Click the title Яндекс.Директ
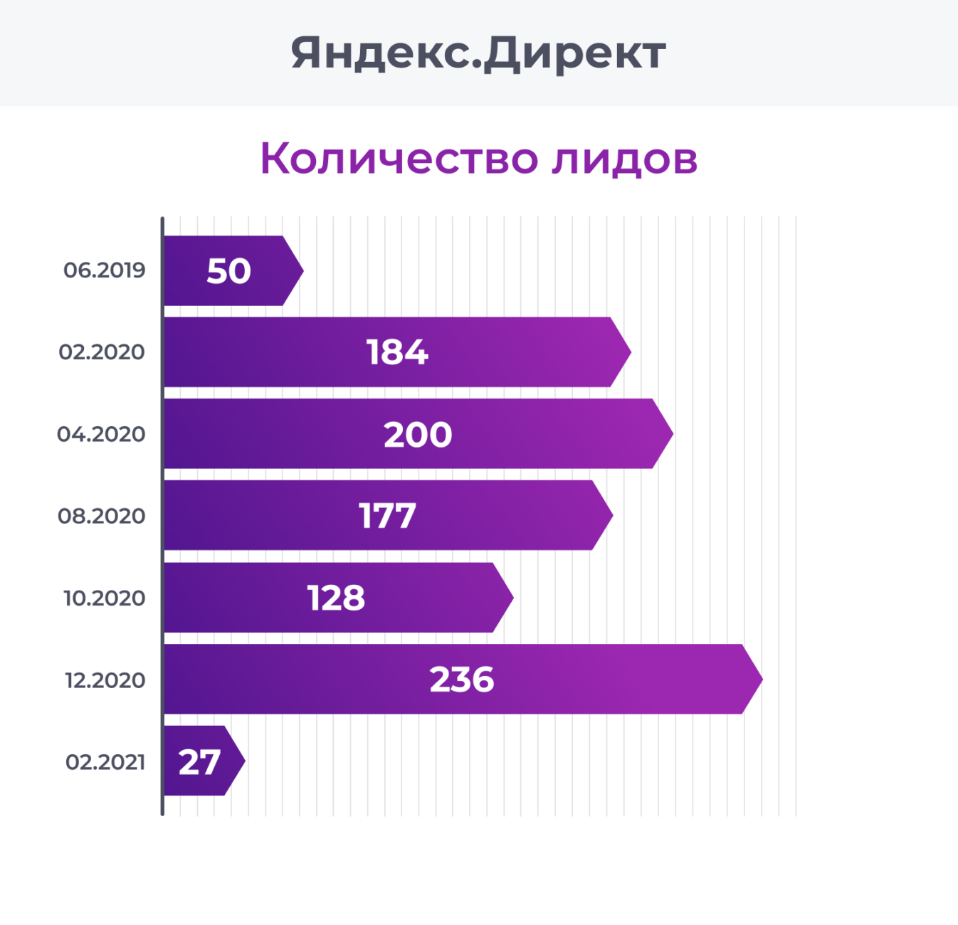pos(478,53)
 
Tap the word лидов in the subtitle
pos(624,158)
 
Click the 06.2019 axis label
pos(104,270)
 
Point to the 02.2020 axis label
pos(102,352)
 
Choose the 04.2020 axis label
pos(101,434)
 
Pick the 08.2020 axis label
pos(102,516)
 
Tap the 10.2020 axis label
pos(104,598)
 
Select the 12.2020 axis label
pos(105,680)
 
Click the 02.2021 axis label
pos(105,762)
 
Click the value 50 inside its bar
pos(228,271)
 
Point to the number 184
pos(397,352)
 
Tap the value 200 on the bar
pos(418,435)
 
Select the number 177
pos(387,516)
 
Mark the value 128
pos(336,598)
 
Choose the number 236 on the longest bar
pos(462,680)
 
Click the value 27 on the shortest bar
pos(199,762)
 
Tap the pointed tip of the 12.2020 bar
pos(758,680)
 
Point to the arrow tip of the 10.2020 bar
pos(509,598)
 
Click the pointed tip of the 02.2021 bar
pos(241,761)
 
